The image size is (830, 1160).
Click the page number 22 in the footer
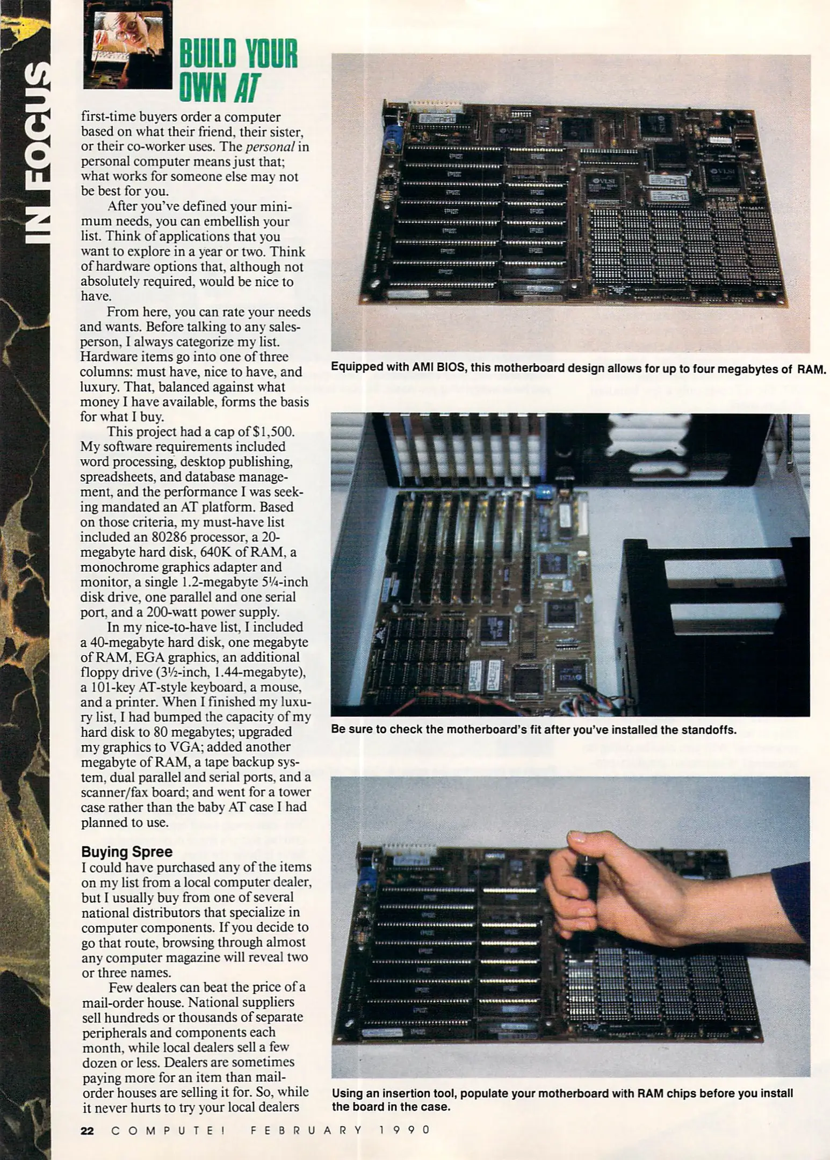point(87,1130)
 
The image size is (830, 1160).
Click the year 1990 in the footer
point(405,1130)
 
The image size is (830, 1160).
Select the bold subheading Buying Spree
point(127,852)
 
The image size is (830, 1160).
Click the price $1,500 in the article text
point(274,432)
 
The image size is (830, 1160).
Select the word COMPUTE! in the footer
point(168,1130)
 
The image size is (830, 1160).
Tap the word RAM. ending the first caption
point(811,369)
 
